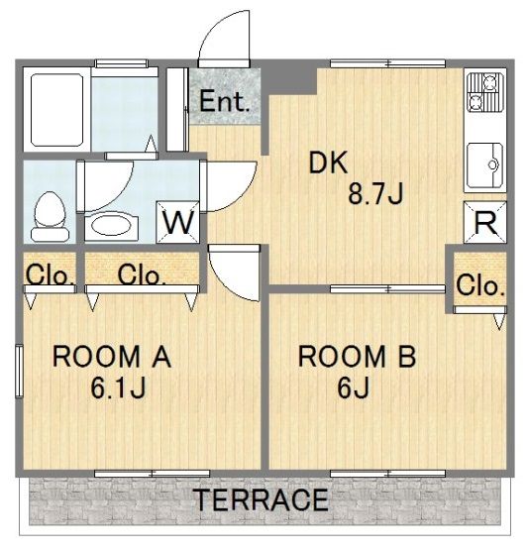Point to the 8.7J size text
tap(375, 196)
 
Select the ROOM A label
tap(112, 358)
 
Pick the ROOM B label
tap(358, 358)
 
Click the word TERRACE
tap(260, 500)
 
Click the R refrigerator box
tap(484, 222)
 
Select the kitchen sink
tap(484, 165)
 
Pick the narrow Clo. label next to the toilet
tap(48, 275)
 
